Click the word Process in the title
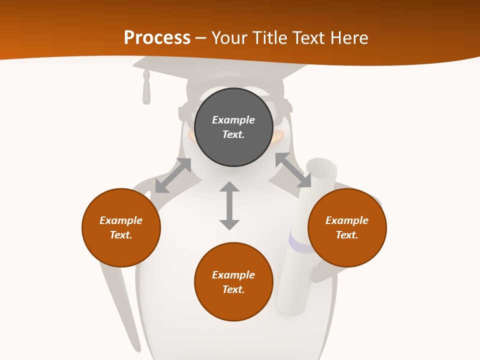(x=157, y=38)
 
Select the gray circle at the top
(x=233, y=127)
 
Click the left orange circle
(x=121, y=227)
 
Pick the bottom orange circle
(x=233, y=282)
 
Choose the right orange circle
(x=347, y=227)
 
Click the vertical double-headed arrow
(x=229, y=205)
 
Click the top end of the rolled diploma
(x=321, y=167)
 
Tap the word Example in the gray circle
(x=233, y=120)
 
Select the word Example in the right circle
(x=347, y=220)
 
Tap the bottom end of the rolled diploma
(x=292, y=307)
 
